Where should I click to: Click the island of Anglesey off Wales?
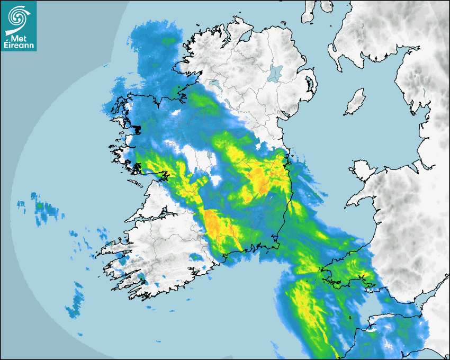coord(362,168)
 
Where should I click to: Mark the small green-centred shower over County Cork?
coord(196,257)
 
